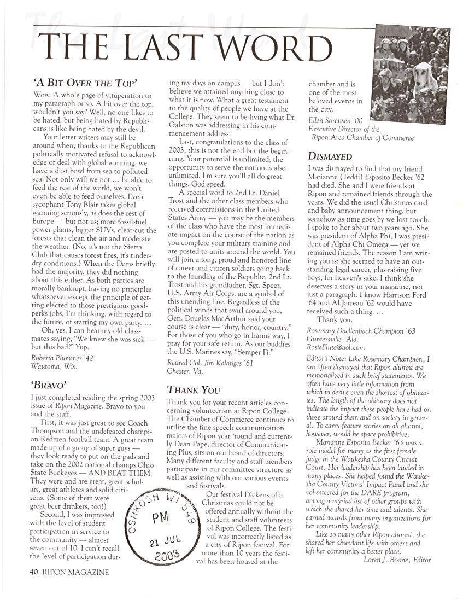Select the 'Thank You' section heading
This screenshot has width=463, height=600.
[193, 390]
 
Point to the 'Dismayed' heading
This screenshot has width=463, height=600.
[330, 156]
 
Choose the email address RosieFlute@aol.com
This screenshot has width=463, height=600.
[336, 347]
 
